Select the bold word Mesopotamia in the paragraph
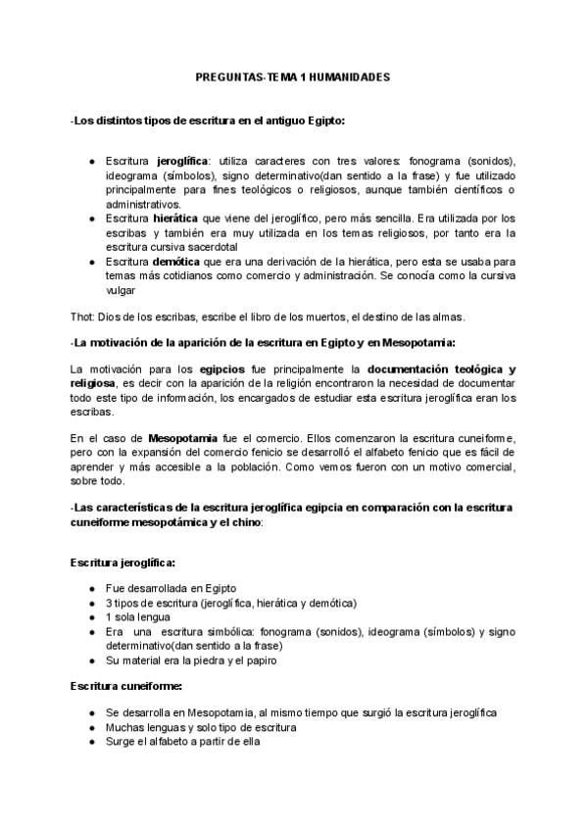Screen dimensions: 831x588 185,436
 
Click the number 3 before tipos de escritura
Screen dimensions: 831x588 108,602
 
